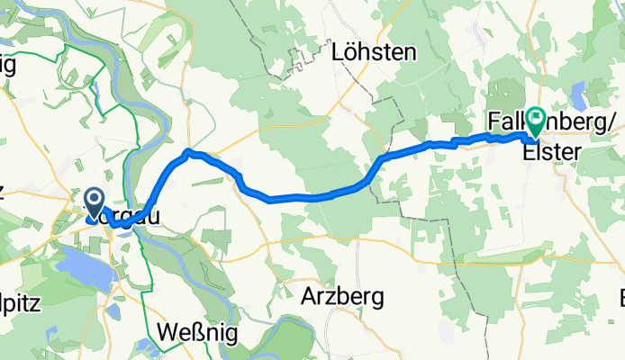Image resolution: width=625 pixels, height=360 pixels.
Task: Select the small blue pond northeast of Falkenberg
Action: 578,90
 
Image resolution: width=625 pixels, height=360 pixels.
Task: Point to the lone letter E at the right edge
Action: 620,297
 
